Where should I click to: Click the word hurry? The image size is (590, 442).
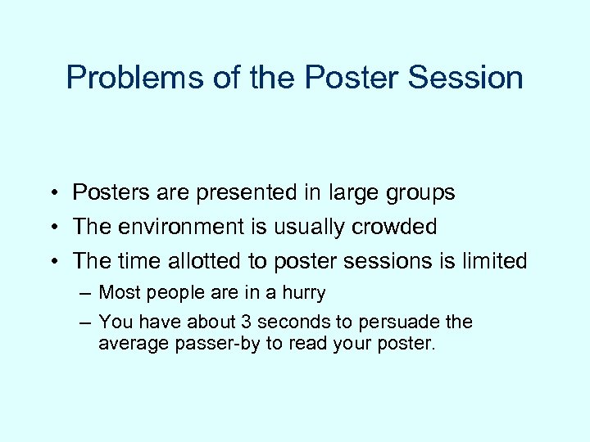click(304, 293)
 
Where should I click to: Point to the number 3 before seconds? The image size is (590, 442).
click(237, 322)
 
